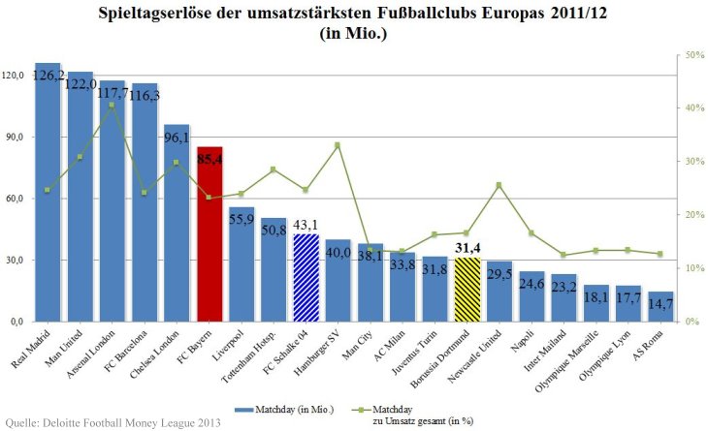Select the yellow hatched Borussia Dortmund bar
coord(467,290)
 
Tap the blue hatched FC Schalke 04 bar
coord(306,278)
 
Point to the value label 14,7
coord(660,304)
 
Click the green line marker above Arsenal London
coord(113,105)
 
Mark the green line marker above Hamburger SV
coord(338,145)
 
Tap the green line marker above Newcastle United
coord(499,185)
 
